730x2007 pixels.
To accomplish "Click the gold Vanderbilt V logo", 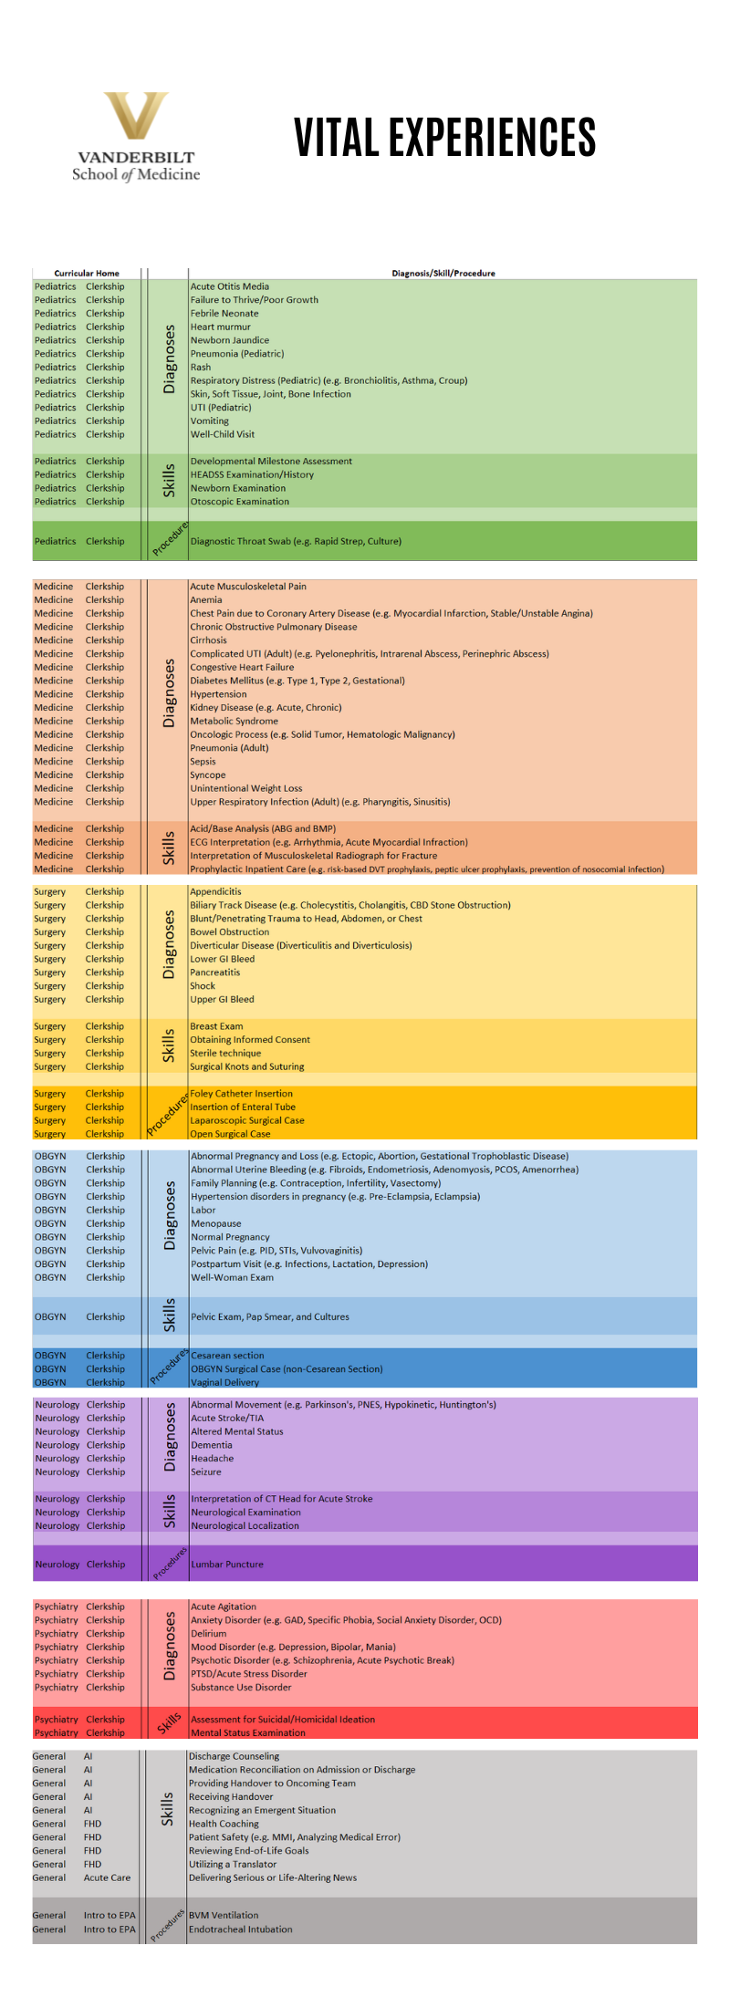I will [x=136, y=117].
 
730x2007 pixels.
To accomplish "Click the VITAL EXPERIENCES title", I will [x=444, y=138].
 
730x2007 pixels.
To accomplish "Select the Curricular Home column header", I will [x=87, y=273].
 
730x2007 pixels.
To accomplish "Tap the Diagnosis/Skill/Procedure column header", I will [x=443, y=273].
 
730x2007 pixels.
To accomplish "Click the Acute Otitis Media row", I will [x=229, y=286].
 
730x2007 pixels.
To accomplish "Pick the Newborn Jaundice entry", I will [x=229, y=340].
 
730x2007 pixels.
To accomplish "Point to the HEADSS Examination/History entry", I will [x=252, y=474].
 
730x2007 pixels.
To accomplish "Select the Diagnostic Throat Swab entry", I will [x=296, y=541].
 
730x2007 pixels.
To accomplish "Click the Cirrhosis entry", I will [x=208, y=640].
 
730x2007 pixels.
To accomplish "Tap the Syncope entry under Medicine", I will [x=207, y=775].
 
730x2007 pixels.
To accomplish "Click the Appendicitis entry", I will [x=215, y=891].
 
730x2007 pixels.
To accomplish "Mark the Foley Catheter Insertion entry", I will [x=241, y=1093].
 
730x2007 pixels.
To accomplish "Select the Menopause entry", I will [x=215, y=1223].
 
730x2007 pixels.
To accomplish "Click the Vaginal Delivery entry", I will [x=224, y=1382].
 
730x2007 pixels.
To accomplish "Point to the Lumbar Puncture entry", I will [x=226, y=1564].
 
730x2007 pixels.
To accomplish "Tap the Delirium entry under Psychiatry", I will [x=208, y=1634].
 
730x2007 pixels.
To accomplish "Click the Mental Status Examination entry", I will [x=247, y=1732].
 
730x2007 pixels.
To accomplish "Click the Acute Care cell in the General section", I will [x=107, y=1877].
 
